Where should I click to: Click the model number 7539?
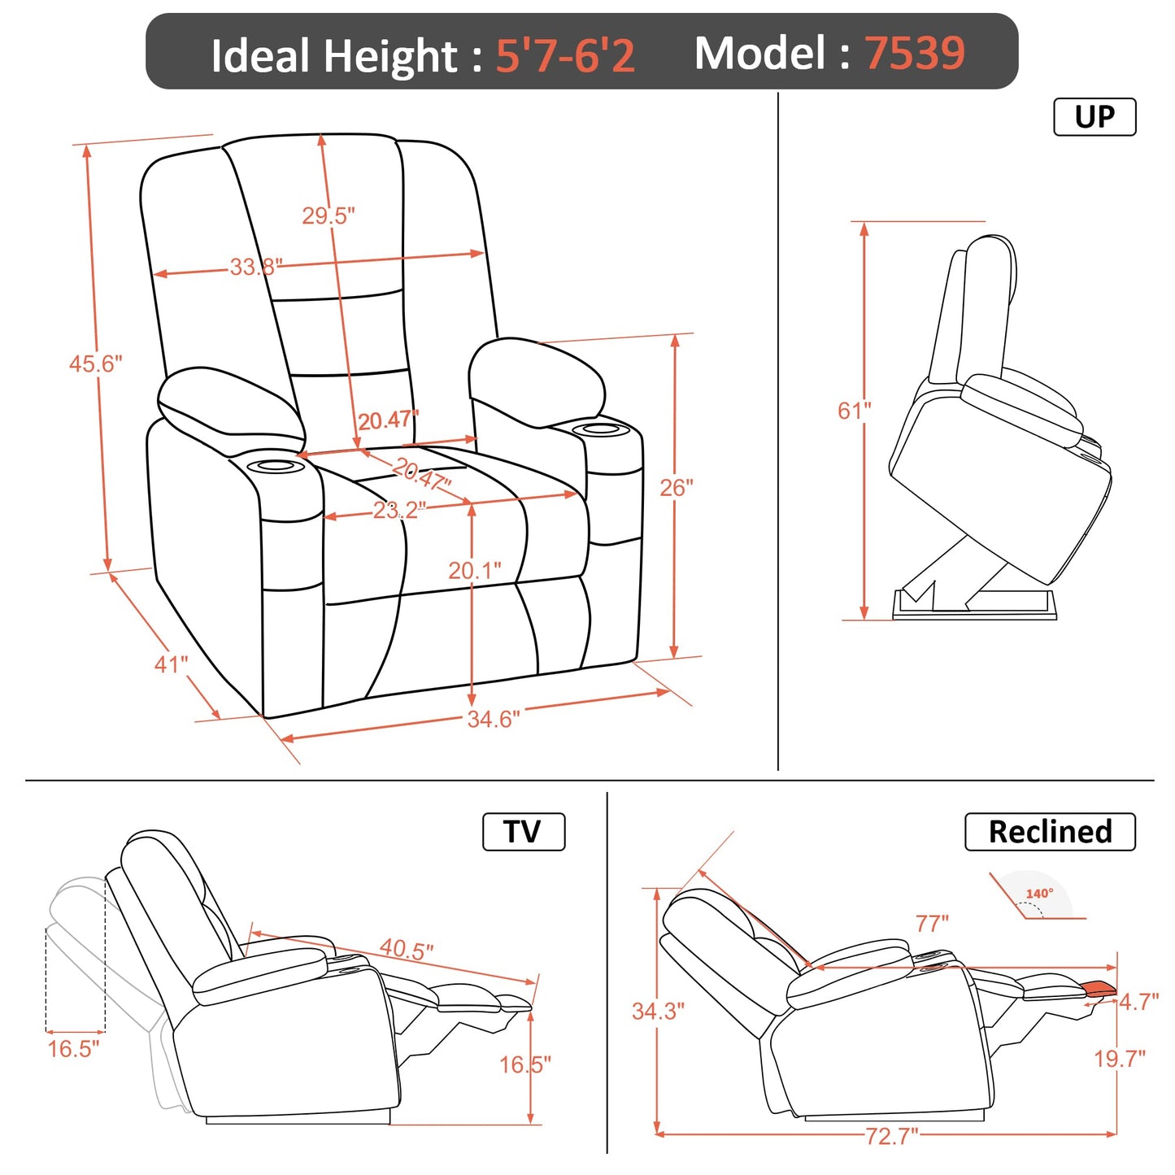pos(914,53)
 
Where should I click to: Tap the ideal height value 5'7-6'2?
pos(565,55)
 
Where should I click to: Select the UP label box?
pos(1094,117)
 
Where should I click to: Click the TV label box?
pos(523,832)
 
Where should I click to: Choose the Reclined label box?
pos(1050,832)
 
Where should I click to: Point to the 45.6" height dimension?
pos(95,363)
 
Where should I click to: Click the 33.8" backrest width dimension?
pos(255,267)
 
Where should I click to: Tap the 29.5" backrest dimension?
pos(329,215)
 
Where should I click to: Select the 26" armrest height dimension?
pos(677,487)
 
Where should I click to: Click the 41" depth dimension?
pos(171,664)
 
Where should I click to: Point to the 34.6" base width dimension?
pos(493,719)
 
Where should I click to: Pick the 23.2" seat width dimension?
pos(398,511)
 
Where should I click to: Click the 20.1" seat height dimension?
pos(474,571)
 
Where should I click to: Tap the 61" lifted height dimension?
pos(854,411)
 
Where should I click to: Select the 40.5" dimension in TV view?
pos(407,949)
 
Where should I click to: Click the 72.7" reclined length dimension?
pos(891,1135)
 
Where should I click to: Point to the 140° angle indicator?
pos(1039,894)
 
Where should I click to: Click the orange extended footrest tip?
pos(1100,988)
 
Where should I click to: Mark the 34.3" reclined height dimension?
pos(658,1011)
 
